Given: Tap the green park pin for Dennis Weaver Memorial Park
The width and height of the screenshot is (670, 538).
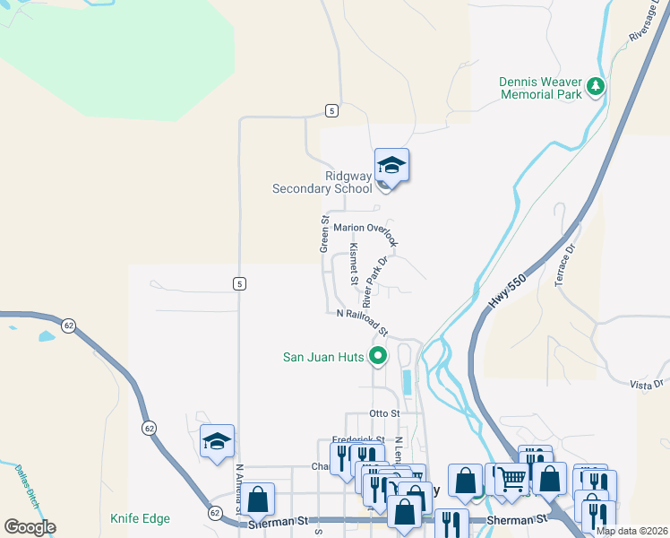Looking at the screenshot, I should click(x=595, y=87).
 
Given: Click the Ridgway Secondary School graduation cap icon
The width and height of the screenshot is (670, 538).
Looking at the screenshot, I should click(x=391, y=166).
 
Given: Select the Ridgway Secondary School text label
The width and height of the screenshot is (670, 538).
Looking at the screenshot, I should click(x=322, y=182).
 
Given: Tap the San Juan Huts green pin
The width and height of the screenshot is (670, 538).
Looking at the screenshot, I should click(x=378, y=356).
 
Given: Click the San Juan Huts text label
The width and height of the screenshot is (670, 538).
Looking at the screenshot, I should click(x=323, y=357).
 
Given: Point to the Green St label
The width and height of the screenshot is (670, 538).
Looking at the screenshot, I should click(x=325, y=233).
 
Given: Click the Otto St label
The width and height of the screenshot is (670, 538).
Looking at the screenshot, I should click(x=382, y=413).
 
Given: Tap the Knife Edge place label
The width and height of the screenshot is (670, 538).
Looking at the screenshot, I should click(x=140, y=518).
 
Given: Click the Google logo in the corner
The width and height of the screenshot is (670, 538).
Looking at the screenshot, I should click(x=30, y=526).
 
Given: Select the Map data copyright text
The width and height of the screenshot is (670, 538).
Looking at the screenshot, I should click(x=631, y=531).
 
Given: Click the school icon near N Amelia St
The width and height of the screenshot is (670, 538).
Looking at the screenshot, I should click(x=217, y=441).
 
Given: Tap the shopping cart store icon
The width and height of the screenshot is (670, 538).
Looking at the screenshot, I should click(x=511, y=481).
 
